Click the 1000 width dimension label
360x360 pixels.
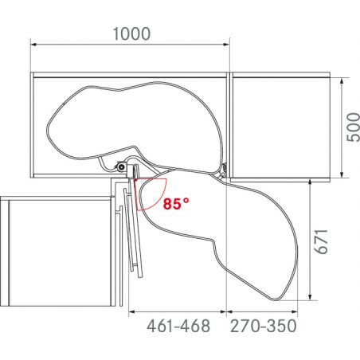(129, 36)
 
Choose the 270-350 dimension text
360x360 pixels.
(263, 326)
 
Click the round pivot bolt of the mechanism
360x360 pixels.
(120, 168)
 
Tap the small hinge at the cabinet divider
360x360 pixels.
(225, 170)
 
